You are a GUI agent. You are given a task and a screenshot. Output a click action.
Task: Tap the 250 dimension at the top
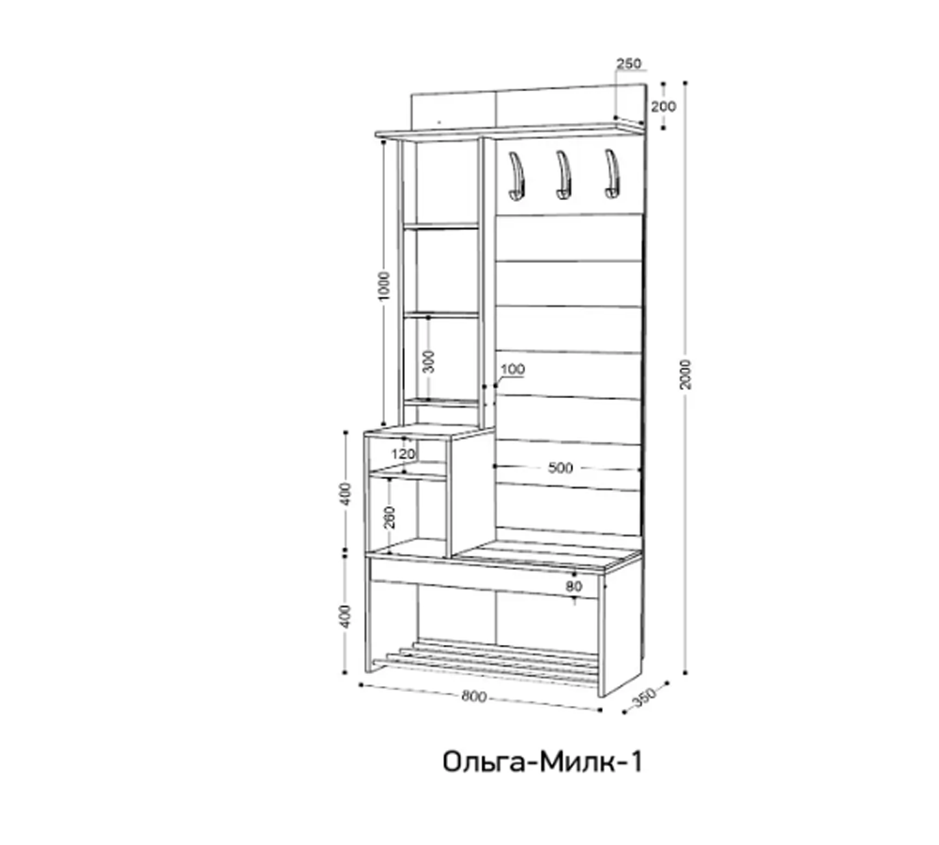pyautogui.click(x=628, y=64)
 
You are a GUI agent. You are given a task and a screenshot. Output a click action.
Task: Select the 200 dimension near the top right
pyautogui.click(x=664, y=106)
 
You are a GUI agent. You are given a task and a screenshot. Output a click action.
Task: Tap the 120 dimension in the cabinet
pyautogui.click(x=404, y=454)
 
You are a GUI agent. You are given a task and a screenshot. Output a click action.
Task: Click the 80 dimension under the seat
pyautogui.click(x=575, y=587)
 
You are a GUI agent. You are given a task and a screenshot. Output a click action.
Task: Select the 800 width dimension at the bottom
pyautogui.click(x=475, y=697)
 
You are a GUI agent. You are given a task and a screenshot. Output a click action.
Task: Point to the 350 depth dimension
pyautogui.click(x=642, y=698)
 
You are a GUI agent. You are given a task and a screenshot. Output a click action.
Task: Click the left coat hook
pyautogui.click(x=515, y=176)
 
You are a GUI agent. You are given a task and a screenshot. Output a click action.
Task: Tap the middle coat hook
pyautogui.click(x=563, y=176)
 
